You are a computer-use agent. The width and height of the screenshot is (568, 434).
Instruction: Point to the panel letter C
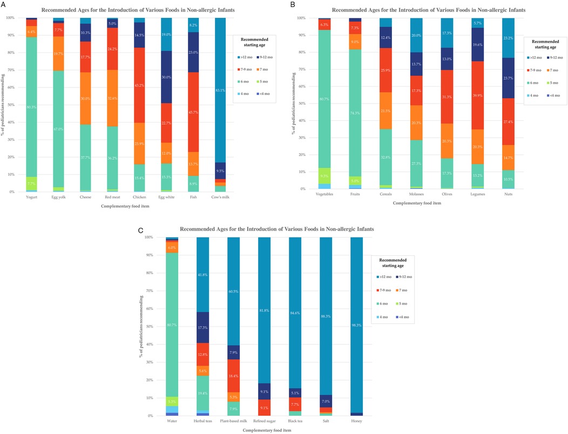(x=140, y=230)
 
